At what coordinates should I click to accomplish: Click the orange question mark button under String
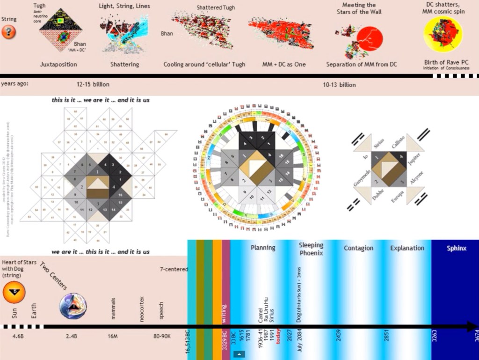point(9,32)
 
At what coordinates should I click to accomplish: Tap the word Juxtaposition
point(58,64)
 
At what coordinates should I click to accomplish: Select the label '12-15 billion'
point(93,85)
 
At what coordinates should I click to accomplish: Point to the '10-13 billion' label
point(339,85)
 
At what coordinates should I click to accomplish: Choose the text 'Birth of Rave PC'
point(444,62)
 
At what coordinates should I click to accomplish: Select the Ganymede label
point(362,178)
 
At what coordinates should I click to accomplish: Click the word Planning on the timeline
point(263,248)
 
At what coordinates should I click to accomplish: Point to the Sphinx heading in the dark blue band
point(456,248)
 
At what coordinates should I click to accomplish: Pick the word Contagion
point(358,248)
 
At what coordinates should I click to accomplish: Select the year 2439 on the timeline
point(338,336)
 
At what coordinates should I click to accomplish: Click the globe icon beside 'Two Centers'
point(73,308)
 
